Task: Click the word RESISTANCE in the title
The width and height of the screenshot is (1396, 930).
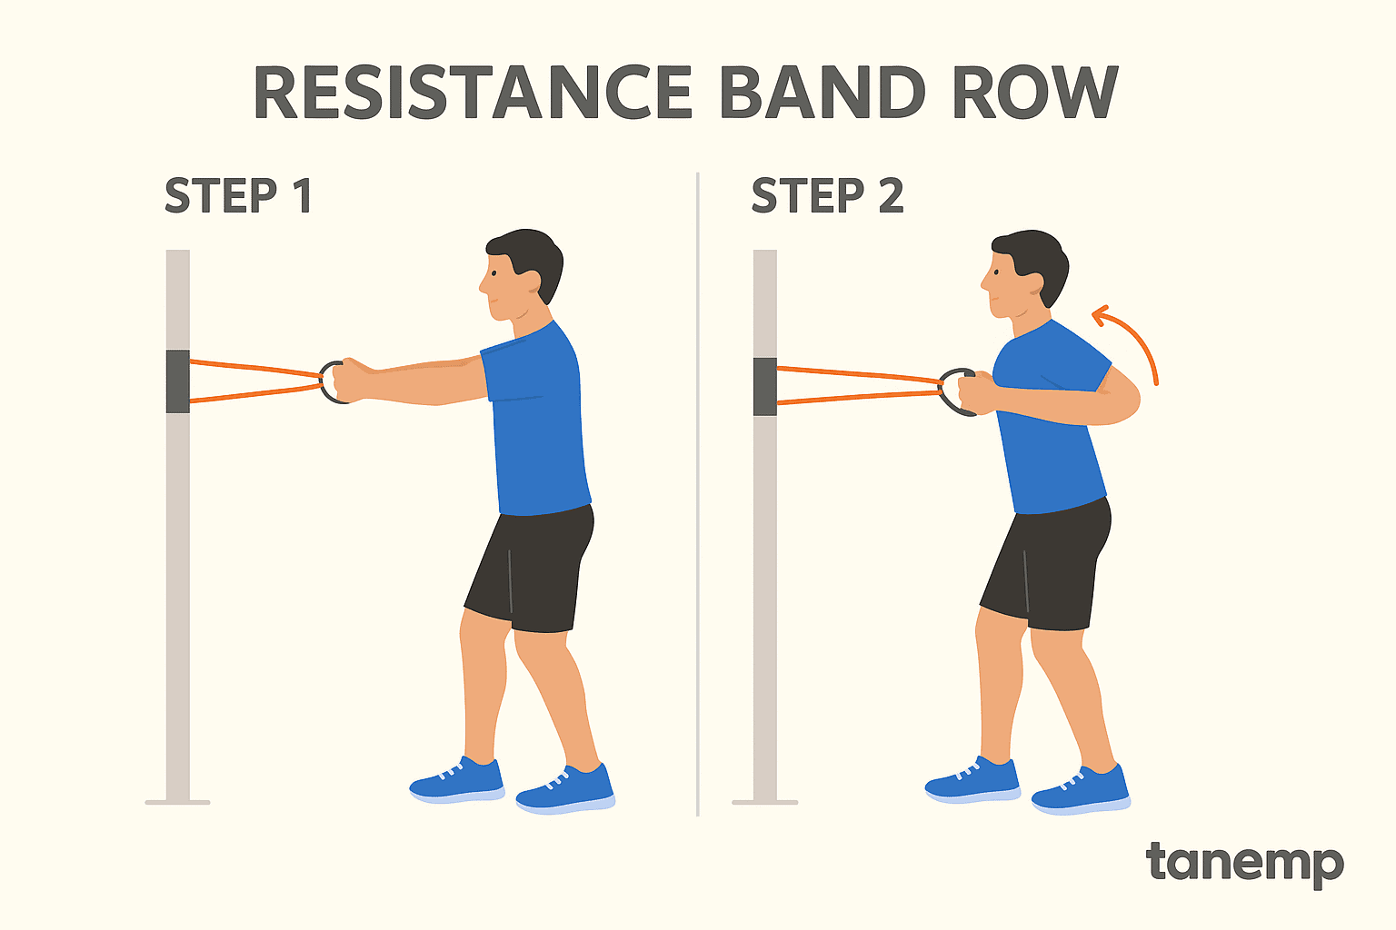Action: pyautogui.click(x=473, y=93)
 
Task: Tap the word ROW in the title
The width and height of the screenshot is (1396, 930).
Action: pyautogui.click(x=1036, y=93)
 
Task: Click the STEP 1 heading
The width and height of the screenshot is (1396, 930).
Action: pyautogui.click(x=238, y=195)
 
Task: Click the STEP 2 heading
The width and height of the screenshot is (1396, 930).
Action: pyautogui.click(x=827, y=195)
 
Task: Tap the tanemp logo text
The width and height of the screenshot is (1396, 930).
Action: pyautogui.click(x=1244, y=864)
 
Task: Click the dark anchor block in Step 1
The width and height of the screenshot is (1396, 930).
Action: pyautogui.click(x=177, y=381)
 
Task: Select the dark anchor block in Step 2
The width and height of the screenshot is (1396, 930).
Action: pyautogui.click(x=764, y=386)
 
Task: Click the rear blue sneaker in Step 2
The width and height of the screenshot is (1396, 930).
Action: pyautogui.click(x=1082, y=790)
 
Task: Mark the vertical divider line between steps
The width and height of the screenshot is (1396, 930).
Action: pyautogui.click(x=698, y=494)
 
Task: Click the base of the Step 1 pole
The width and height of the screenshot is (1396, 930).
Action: pyautogui.click(x=177, y=802)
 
